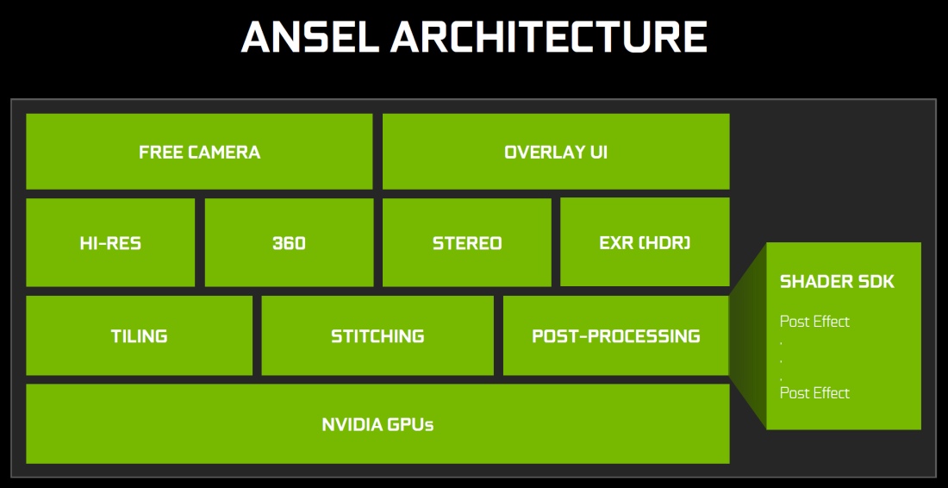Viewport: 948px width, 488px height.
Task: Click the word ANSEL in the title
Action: coord(310,37)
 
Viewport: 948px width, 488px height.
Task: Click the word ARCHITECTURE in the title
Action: coord(549,37)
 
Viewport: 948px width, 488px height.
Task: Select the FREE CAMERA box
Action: coord(200,151)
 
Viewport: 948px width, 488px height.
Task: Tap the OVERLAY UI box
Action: coord(556,151)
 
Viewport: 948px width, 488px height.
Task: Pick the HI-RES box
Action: coord(110,242)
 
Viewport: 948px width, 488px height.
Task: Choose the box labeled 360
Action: coord(289,242)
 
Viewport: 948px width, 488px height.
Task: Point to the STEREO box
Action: coord(467,242)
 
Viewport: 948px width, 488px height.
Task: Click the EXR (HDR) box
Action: coord(646,242)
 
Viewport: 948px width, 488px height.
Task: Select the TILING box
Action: coord(139,335)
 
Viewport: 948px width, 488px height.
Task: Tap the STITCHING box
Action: coord(377,335)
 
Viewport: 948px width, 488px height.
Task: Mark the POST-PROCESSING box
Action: coord(616,335)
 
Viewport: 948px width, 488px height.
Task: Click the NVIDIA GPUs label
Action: coord(377,424)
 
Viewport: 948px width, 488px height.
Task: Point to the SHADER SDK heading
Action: coord(837,281)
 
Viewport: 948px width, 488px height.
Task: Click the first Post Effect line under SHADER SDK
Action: coord(814,321)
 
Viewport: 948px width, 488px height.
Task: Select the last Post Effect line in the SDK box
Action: coord(814,393)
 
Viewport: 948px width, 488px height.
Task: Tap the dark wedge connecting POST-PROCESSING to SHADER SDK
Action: coord(748,335)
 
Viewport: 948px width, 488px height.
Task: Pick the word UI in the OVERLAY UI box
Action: coord(599,151)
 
